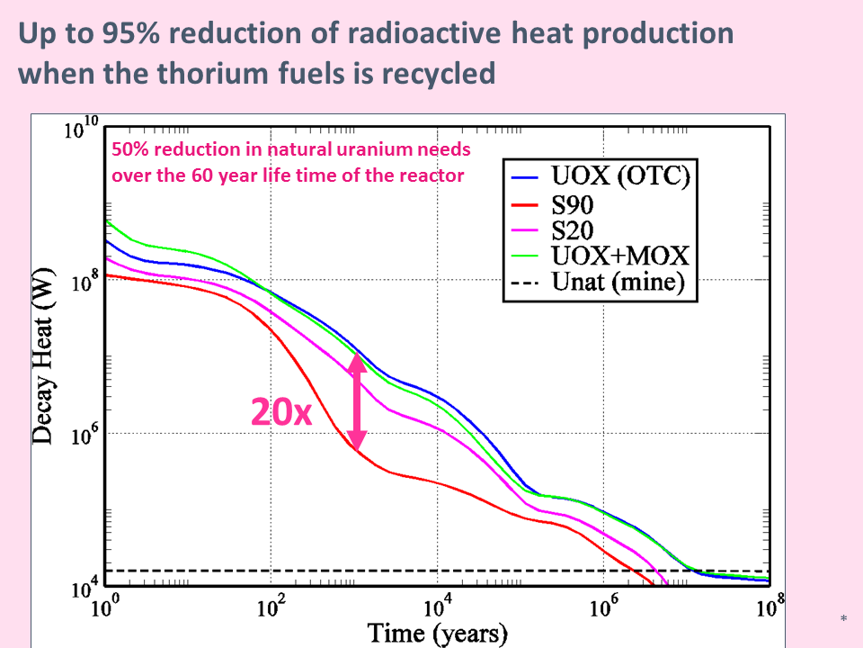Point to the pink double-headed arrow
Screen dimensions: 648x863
click(x=357, y=401)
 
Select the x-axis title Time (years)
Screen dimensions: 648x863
click(x=438, y=634)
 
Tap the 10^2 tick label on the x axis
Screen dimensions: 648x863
click(x=271, y=607)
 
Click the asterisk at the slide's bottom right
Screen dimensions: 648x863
click(x=843, y=619)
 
